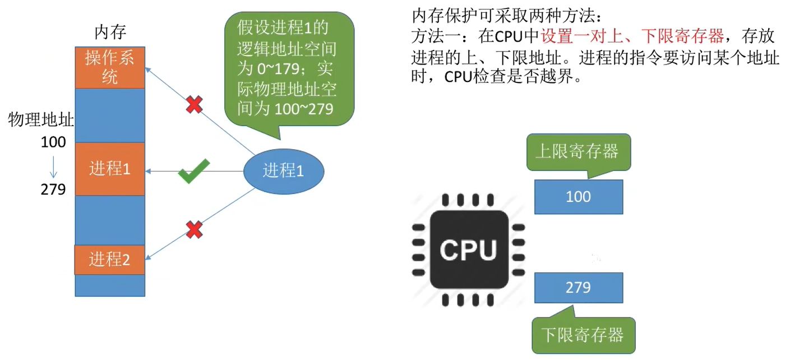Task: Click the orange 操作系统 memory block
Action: point(110,67)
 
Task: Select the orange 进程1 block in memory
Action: point(110,169)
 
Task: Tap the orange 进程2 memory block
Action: point(110,260)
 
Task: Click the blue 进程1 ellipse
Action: point(284,171)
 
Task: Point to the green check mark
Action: point(194,171)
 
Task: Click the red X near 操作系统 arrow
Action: point(194,104)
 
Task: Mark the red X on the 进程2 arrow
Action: point(194,229)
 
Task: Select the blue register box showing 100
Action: point(579,197)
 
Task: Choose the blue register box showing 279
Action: point(579,288)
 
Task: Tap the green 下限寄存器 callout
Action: point(583,335)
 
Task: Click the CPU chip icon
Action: point(469,250)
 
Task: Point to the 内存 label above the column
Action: point(110,33)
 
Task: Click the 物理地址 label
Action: point(41,119)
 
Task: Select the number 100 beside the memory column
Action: point(53,142)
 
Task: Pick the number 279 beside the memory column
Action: point(53,190)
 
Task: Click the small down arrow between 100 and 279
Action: point(54,166)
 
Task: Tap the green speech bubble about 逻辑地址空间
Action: point(288,68)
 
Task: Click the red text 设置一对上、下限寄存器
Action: point(632,37)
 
